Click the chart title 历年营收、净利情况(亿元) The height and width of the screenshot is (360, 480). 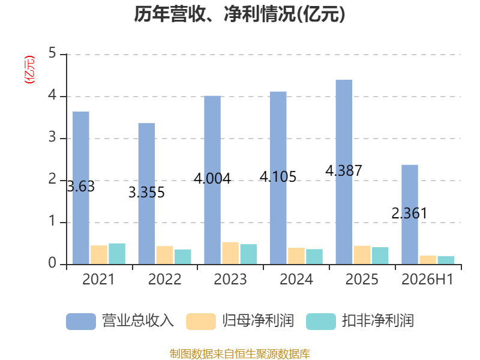point(239,14)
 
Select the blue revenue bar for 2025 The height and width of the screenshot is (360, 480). point(344,172)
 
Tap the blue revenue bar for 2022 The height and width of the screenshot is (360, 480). point(146,194)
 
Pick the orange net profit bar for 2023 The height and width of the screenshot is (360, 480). point(230,253)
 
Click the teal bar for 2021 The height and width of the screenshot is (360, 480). point(117,254)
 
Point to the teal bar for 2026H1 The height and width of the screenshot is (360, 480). point(446,260)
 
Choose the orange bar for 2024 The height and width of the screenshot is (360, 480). point(296,256)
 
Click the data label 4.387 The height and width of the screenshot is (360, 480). point(343,170)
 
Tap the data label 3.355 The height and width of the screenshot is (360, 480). point(146,192)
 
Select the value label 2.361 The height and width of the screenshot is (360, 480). point(409,213)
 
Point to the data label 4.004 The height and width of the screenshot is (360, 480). point(212,178)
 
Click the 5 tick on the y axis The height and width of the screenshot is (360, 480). point(52,53)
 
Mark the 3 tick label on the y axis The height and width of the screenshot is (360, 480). point(52,137)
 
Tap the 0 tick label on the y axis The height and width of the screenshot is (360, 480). point(52,263)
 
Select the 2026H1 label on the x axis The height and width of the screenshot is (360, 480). point(427,279)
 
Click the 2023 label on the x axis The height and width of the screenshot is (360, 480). point(230,279)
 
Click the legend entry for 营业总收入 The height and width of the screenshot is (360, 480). point(120,321)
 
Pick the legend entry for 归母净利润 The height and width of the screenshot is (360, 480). point(240,321)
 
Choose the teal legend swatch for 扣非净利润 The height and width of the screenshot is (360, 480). point(321,322)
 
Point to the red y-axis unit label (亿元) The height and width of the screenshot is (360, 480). point(29,70)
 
